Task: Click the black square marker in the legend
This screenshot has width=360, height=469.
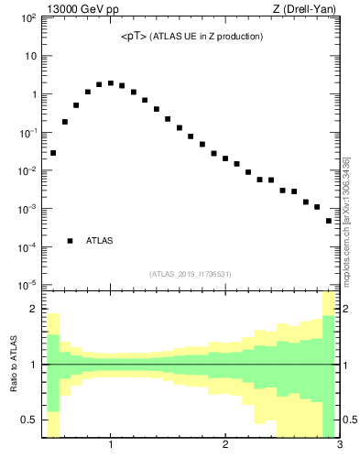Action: (70, 241)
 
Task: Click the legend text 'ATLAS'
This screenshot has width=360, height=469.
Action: (99, 241)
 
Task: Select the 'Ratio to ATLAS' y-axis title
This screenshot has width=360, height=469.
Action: (14, 364)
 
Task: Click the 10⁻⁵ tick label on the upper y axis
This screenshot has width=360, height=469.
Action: (29, 285)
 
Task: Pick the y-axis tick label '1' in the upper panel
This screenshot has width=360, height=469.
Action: (33, 94)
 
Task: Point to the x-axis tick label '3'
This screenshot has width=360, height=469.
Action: (340, 446)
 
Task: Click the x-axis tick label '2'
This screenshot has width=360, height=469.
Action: (225, 446)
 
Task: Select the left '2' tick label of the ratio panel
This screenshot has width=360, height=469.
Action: (33, 309)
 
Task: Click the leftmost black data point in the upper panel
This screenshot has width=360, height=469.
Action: (53, 153)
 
